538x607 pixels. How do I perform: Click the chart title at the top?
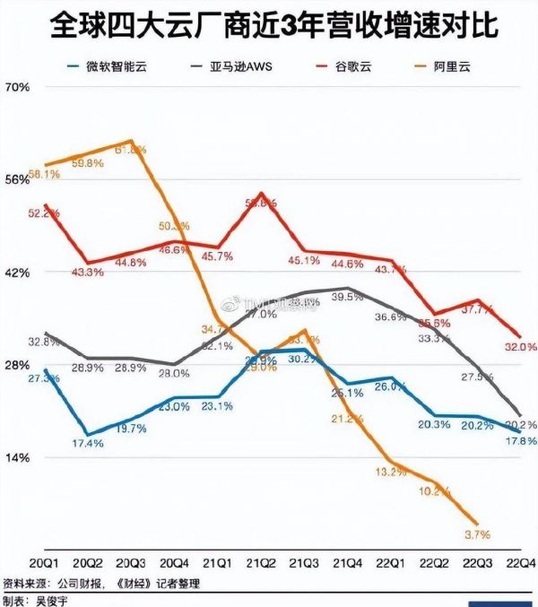(269, 22)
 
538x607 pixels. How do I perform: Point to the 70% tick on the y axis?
(18, 87)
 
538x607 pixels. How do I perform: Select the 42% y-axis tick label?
(18, 273)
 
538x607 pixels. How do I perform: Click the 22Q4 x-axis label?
(522, 562)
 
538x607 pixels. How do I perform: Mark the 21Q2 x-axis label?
(261, 562)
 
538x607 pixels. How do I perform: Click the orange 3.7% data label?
(477, 535)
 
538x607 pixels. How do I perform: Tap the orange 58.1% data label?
(44, 174)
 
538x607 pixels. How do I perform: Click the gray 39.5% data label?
(347, 296)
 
